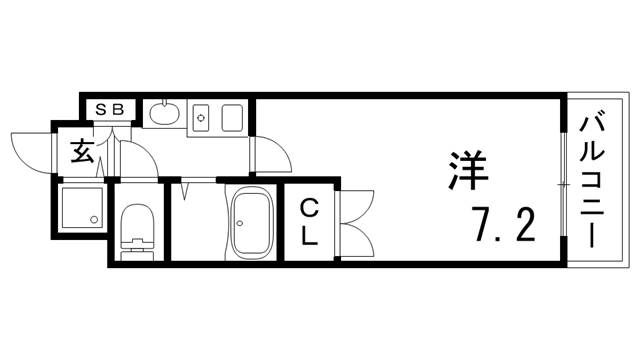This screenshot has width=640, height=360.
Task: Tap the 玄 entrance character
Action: [83, 154]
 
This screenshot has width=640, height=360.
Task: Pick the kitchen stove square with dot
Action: [202, 118]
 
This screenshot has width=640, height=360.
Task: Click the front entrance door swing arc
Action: [31, 150]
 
